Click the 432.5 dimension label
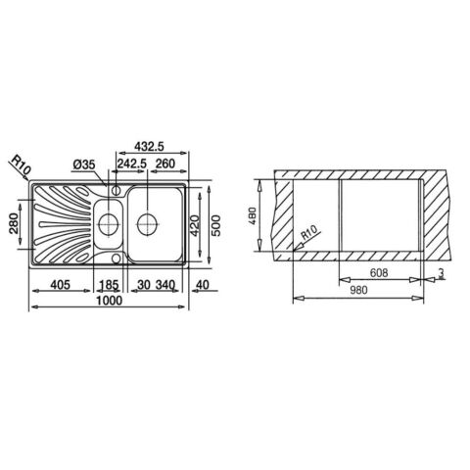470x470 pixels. tap(149, 147)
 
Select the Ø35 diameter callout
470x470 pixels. tap(84, 164)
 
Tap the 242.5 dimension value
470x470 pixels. tap(132, 164)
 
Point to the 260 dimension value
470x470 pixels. tap(165, 164)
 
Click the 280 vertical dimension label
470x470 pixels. tap(14, 223)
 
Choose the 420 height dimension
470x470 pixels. tap(195, 225)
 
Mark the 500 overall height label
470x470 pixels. tap(215, 225)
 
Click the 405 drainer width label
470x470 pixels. tap(60, 285)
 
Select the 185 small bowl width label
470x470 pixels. tap(109, 285)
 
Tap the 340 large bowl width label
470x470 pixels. tap(165, 285)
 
